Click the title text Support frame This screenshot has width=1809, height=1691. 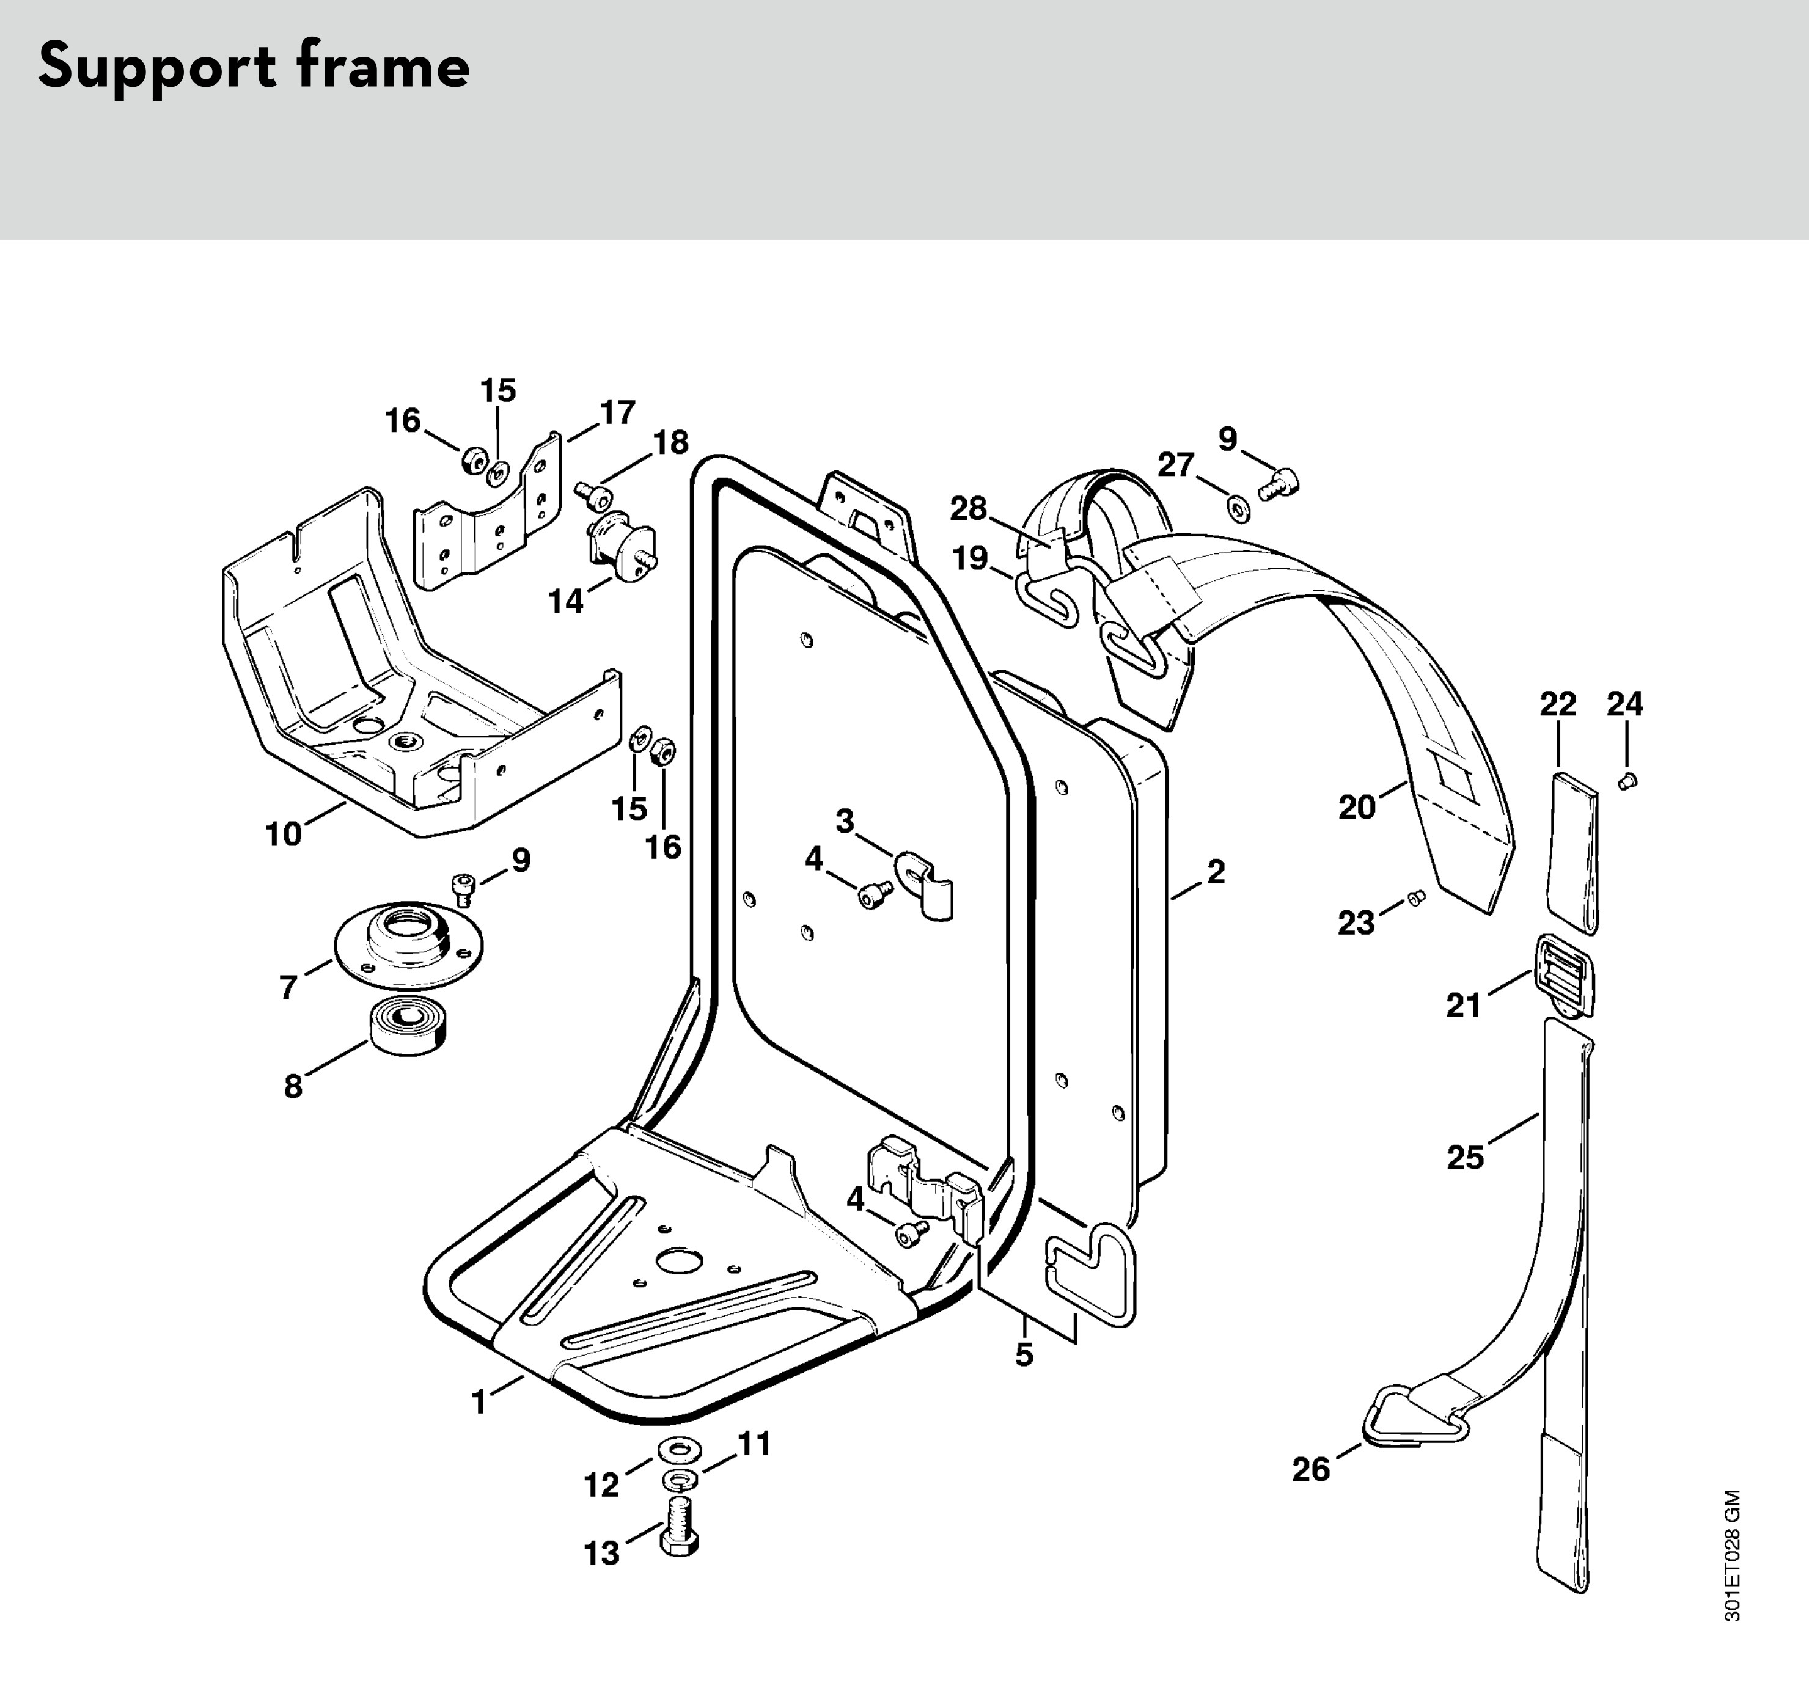pyautogui.click(x=254, y=67)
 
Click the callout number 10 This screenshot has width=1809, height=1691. pyautogui.click(x=283, y=833)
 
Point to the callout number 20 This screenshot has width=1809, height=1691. pyautogui.click(x=1357, y=807)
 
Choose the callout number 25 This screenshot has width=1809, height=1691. pyautogui.click(x=1465, y=1157)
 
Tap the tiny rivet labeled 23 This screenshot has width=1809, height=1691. pyautogui.click(x=1415, y=898)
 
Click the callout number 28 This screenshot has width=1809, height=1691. pyautogui.click(x=968, y=508)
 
